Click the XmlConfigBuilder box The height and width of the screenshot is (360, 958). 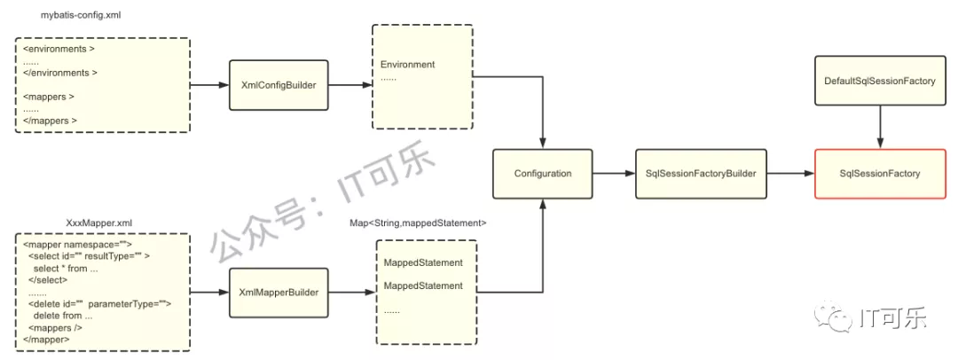(x=279, y=85)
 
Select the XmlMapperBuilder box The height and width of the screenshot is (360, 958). (x=279, y=292)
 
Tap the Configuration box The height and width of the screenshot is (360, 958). (x=543, y=173)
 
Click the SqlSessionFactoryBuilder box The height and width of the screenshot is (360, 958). (x=701, y=173)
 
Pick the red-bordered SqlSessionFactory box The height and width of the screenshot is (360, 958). (x=880, y=173)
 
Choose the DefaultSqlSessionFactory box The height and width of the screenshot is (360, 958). (x=880, y=80)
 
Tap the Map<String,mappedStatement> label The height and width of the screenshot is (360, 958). (x=418, y=223)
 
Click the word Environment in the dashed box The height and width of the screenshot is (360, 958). (x=407, y=64)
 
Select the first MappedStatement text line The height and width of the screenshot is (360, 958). (x=423, y=262)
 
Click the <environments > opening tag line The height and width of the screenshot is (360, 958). (x=59, y=49)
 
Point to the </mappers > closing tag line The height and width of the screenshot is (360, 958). (x=50, y=121)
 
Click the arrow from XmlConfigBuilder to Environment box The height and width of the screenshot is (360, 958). (x=350, y=86)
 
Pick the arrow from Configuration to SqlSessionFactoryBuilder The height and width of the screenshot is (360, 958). (x=614, y=174)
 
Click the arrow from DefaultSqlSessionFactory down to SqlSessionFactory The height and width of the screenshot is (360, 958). (x=880, y=127)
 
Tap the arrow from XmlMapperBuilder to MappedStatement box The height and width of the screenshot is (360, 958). (x=352, y=293)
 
